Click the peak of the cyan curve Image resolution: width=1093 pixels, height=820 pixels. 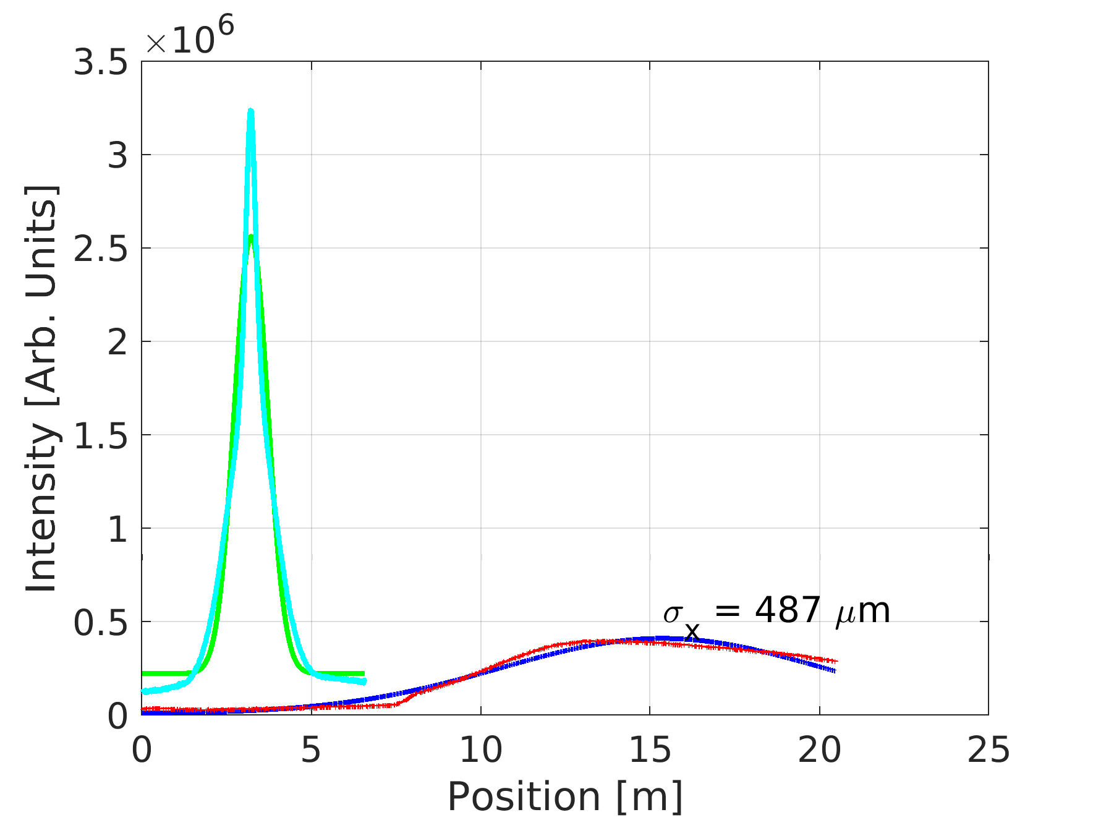[x=250, y=111]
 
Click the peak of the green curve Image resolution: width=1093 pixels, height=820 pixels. [x=250, y=236]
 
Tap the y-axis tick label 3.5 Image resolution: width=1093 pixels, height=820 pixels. [x=100, y=62]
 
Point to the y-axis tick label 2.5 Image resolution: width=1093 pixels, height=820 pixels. [x=100, y=249]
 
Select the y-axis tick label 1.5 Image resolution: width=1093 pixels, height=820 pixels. [x=100, y=436]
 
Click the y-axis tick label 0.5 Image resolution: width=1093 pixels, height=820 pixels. [x=100, y=623]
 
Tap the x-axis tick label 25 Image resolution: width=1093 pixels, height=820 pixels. [x=988, y=750]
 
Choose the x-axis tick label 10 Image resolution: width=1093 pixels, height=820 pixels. [x=480, y=750]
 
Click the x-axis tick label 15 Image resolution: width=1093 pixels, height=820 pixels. [x=650, y=750]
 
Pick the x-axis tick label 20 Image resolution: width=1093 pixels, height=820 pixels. [x=819, y=750]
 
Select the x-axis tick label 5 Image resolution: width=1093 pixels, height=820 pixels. [x=311, y=750]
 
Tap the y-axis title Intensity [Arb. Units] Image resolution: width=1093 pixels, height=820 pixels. [x=42, y=388]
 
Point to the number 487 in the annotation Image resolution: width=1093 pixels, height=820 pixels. [x=788, y=610]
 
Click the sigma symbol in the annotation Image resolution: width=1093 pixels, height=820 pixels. [x=672, y=614]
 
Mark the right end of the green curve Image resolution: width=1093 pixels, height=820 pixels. [x=364, y=673]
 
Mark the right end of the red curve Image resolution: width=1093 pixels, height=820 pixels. [x=836, y=661]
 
